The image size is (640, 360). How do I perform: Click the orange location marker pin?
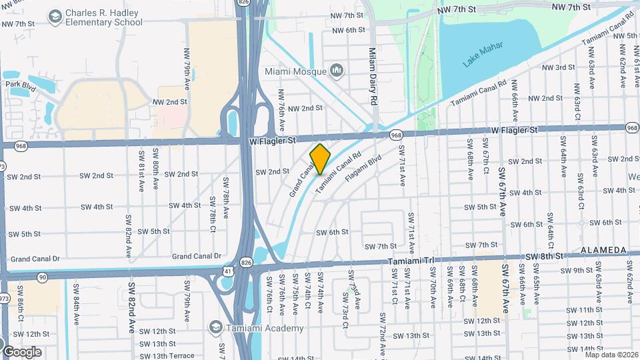(x=320, y=159)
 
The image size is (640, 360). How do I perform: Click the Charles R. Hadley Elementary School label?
(x=103, y=17)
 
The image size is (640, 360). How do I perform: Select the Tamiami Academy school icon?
(x=215, y=327)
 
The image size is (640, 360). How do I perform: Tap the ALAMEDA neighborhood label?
(x=603, y=250)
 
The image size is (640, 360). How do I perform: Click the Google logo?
(x=22, y=351)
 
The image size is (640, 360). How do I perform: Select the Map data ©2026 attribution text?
(x=611, y=355)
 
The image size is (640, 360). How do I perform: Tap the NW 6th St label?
(x=348, y=31)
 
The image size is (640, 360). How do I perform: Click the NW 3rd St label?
(x=558, y=67)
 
